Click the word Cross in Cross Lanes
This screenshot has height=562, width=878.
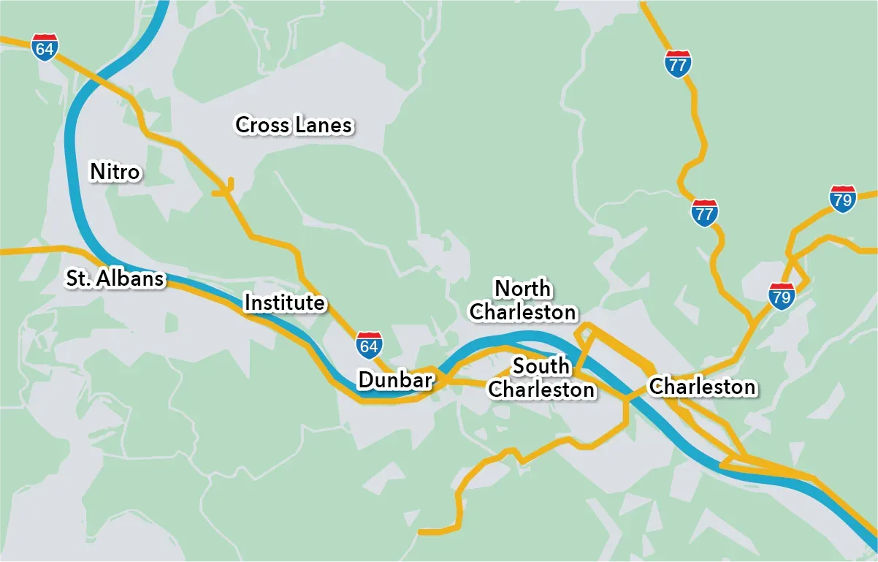[262, 125]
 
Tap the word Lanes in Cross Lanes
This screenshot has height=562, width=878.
[324, 125]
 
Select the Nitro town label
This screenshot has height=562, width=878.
[115, 172]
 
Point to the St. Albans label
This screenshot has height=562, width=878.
[115, 278]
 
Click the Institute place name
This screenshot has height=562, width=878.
[284, 302]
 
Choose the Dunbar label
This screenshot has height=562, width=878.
[395, 379]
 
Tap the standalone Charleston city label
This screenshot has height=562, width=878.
[702, 386]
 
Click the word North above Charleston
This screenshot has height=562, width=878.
[523, 288]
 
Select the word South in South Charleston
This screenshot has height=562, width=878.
[541, 365]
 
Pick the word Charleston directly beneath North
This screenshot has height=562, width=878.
[523, 312]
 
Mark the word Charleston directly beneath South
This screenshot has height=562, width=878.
[541, 390]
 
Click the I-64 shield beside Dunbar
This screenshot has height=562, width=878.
[368, 344]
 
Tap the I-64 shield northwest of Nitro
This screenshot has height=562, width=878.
[45, 48]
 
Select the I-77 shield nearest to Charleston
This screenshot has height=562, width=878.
[704, 213]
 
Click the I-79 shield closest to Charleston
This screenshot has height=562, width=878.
[782, 296]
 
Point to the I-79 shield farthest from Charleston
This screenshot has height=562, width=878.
[842, 199]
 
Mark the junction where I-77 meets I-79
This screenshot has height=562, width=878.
[752, 322]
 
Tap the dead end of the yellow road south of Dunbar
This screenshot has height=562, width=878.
[421, 531]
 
